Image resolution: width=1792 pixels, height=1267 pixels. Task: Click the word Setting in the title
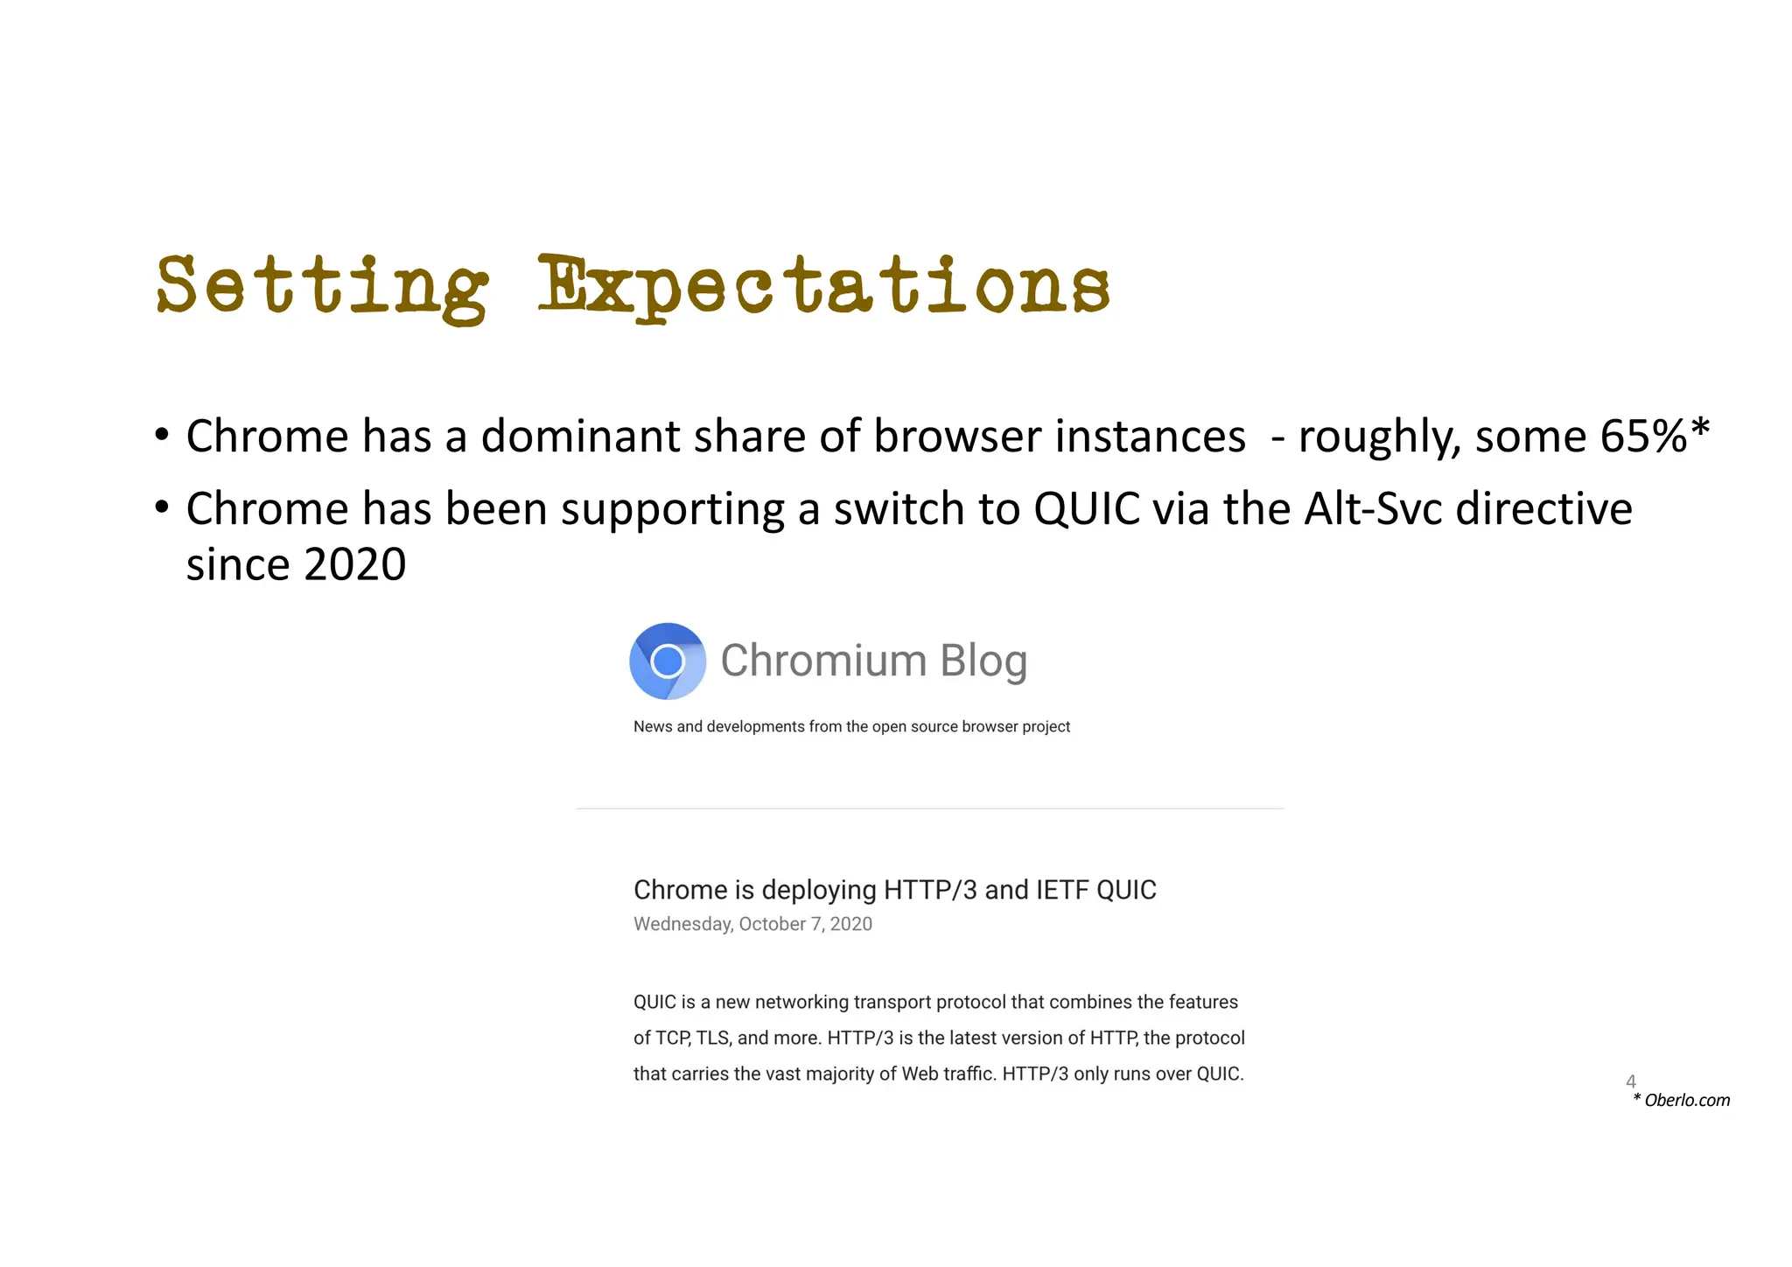(322, 286)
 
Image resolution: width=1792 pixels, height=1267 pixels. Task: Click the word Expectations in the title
(823, 286)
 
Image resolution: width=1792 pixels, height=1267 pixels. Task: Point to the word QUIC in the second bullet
(1087, 508)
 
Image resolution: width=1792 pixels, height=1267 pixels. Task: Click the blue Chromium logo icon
(668, 661)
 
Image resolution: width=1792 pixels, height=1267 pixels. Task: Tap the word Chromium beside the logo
(823, 661)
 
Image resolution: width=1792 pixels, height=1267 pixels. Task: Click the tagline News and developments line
(851, 727)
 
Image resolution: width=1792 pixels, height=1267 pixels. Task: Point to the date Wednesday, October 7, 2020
(752, 924)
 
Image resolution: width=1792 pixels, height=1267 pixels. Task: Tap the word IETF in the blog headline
(1061, 890)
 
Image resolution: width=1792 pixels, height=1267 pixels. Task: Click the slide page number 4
(1631, 1081)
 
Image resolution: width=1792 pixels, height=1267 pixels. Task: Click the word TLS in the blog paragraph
(710, 1039)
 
